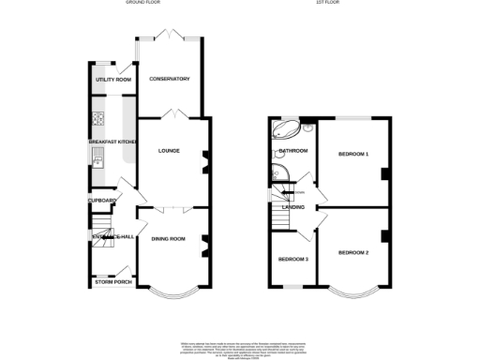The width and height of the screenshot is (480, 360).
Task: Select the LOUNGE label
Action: tap(170, 151)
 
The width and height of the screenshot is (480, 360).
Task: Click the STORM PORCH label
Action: tap(111, 281)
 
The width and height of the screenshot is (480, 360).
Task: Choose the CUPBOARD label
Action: tap(102, 201)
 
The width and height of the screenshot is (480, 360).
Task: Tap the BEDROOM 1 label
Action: tap(353, 153)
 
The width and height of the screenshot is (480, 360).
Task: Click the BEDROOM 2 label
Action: tap(353, 252)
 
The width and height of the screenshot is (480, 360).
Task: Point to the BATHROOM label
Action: tap(292, 150)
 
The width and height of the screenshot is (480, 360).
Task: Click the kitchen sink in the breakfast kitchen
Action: tap(97, 164)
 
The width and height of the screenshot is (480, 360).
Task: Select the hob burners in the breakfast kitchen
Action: tap(97, 119)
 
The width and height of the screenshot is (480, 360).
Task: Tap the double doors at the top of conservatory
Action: tap(170, 37)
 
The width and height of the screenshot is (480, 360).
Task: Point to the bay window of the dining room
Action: tap(170, 292)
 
